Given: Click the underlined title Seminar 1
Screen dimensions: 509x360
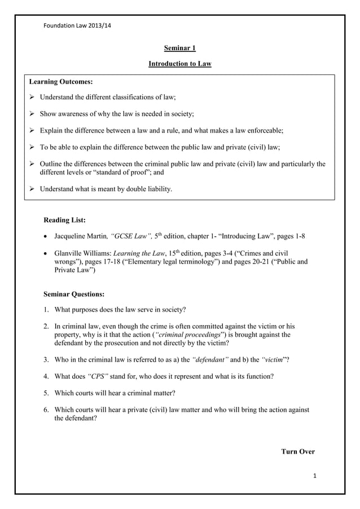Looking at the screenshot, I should pyautogui.click(x=179, y=49).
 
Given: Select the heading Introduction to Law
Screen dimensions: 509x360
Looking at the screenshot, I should pyautogui.click(x=179, y=64).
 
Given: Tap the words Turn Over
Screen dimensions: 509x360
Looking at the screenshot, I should pyautogui.click(x=297, y=451).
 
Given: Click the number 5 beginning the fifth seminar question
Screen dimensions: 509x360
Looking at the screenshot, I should pyautogui.click(x=46, y=392).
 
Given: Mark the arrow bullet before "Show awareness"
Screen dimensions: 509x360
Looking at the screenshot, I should pyautogui.click(x=32, y=114).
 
